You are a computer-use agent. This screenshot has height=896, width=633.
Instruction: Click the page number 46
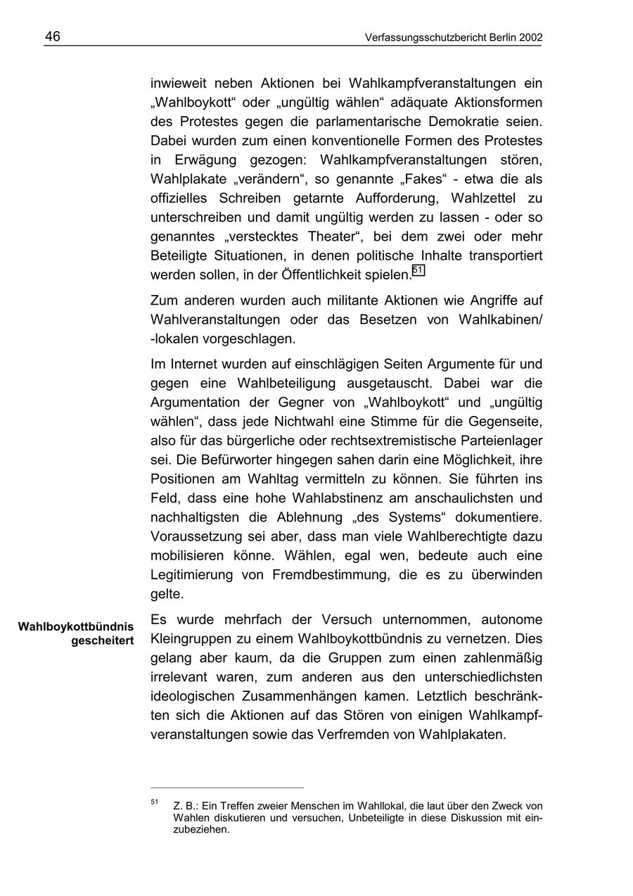tap(53, 37)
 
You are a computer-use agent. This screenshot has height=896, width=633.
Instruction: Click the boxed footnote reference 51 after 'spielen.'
tap(418, 270)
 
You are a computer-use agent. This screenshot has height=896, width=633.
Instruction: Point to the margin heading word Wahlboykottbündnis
tap(76, 626)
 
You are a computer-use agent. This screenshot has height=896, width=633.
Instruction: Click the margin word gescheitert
tap(102, 641)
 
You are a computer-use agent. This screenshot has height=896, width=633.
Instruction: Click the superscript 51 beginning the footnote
tap(154, 802)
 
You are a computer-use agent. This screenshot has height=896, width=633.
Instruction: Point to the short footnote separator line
tap(227, 788)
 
